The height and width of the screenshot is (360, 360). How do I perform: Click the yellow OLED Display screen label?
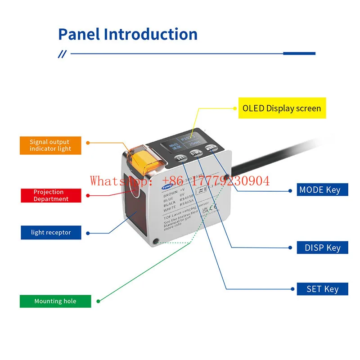(x=282, y=108)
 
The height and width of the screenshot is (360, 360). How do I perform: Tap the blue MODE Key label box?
(x=319, y=190)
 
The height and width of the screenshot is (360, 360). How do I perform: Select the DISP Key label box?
(x=322, y=247)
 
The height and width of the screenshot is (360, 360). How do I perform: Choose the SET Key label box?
(x=322, y=289)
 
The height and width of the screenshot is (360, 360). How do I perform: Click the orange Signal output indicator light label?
(x=50, y=145)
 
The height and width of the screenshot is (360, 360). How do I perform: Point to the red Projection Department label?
(x=51, y=195)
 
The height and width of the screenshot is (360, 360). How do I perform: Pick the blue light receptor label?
(x=51, y=232)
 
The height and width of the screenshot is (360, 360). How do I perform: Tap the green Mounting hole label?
(x=55, y=301)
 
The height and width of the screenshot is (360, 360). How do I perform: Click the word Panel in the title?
(x=79, y=35)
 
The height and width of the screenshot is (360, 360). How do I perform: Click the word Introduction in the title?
(x=151, y=35)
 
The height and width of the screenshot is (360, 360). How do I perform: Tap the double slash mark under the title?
(x=62, y=54)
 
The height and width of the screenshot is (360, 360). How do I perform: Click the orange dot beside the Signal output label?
(x=88, y=143)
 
